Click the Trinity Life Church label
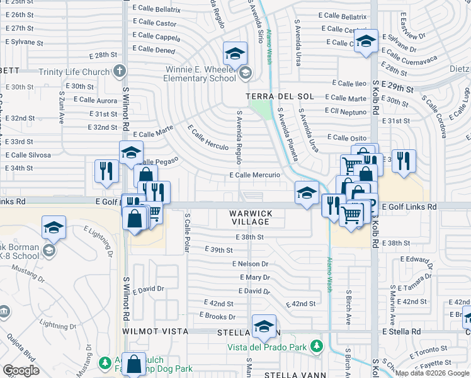74,71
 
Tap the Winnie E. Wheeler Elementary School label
199,74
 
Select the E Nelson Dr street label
250,264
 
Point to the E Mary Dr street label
254,277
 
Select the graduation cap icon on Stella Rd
263,326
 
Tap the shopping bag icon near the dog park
134,364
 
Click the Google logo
21,370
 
